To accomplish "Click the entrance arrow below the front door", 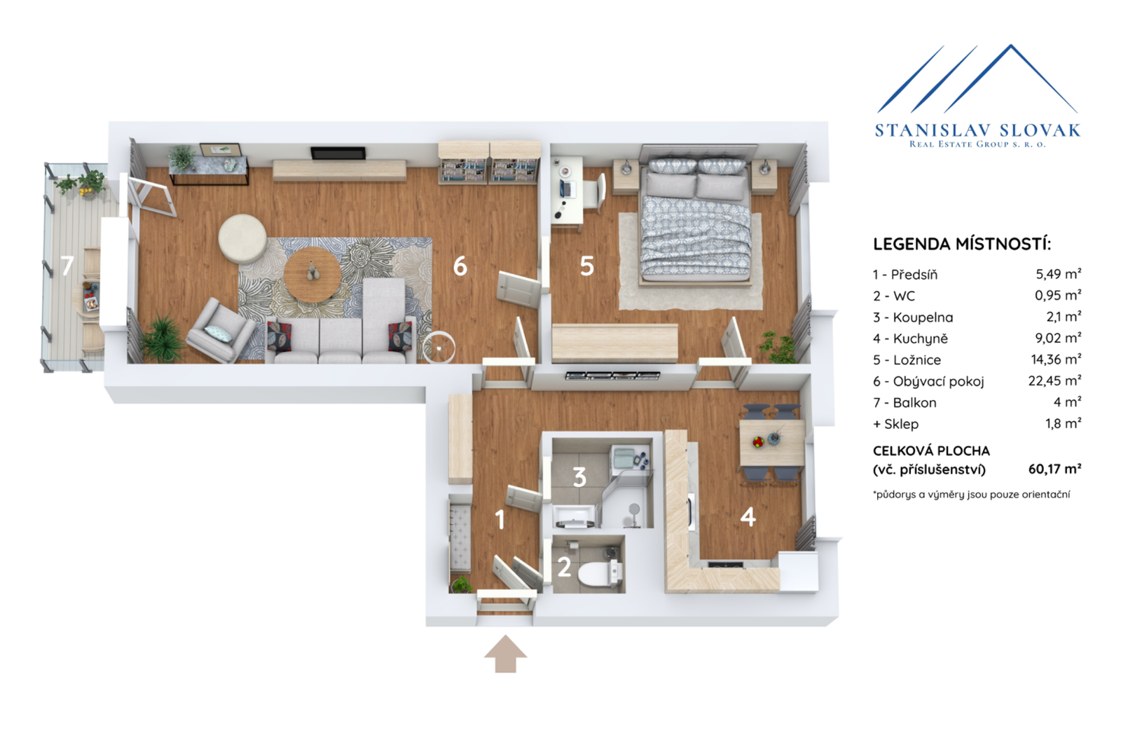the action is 505,654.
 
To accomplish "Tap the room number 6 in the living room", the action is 460,266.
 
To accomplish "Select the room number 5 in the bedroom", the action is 587,266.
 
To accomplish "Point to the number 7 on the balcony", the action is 67,266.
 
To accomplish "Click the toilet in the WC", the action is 600,573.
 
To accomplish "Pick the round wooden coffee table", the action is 312,275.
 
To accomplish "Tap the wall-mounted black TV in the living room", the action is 338,153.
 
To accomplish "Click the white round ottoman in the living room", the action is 242,239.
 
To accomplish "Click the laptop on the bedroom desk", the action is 567,189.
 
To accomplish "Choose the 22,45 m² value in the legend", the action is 1054,381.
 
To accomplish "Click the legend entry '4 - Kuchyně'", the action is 910,339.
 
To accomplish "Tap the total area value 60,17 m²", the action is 1054,469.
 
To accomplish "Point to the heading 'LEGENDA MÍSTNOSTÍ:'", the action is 962,245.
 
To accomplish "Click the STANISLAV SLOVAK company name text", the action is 977,130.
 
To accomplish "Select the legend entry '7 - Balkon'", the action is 905,402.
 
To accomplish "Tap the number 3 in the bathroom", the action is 579,477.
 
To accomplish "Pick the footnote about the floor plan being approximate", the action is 972,495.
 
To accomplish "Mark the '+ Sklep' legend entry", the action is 896,424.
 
